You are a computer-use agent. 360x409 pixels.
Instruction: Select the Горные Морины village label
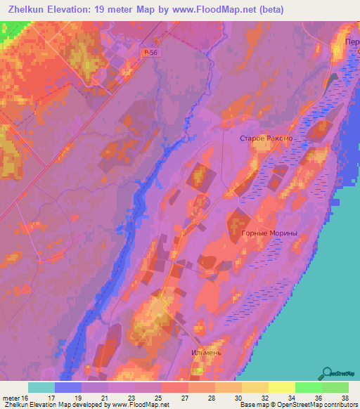tap(269, 233)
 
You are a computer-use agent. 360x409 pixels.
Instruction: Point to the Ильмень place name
tap(207, 352)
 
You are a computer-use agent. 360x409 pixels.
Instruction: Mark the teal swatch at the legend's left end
tap(41, 387)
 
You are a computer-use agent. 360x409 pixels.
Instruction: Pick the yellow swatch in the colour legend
tap(281, 387)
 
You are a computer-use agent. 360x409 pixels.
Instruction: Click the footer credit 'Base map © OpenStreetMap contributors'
tap(297, 405)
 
